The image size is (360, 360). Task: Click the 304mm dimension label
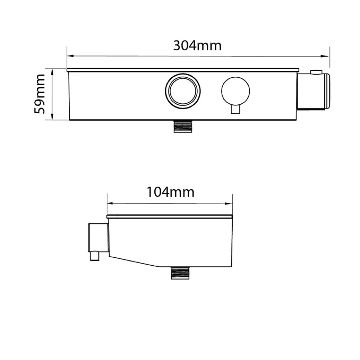point(197,46)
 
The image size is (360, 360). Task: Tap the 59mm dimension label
point(40,94)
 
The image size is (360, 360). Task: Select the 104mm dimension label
point(170,192)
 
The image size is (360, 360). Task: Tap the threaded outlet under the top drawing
point(183,126)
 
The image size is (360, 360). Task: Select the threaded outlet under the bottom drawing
point(180,273)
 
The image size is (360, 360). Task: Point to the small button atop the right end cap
point(316,72)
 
